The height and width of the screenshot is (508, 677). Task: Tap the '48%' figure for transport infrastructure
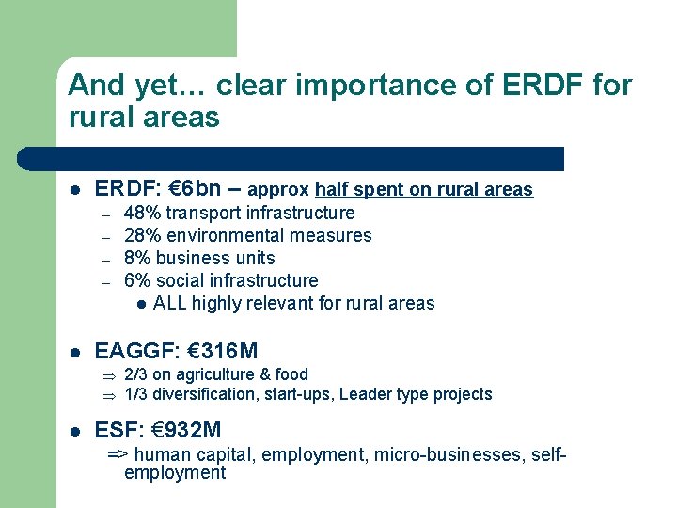click(x=142, y=214)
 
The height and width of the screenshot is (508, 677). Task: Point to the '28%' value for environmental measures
click(x=142, y=236)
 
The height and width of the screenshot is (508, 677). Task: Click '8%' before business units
click(x=137, y=259)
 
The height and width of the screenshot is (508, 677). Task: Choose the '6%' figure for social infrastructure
click(x=137, y=281)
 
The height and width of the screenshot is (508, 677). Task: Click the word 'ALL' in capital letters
click(x=170, y=304)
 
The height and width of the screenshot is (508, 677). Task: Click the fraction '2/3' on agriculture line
click(x=136, y=374)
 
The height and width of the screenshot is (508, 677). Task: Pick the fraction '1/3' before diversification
click(x=136, y=394)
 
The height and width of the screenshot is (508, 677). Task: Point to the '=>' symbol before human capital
click(x=118, y=455)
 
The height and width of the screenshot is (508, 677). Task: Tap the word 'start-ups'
click(x=297, y=394)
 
